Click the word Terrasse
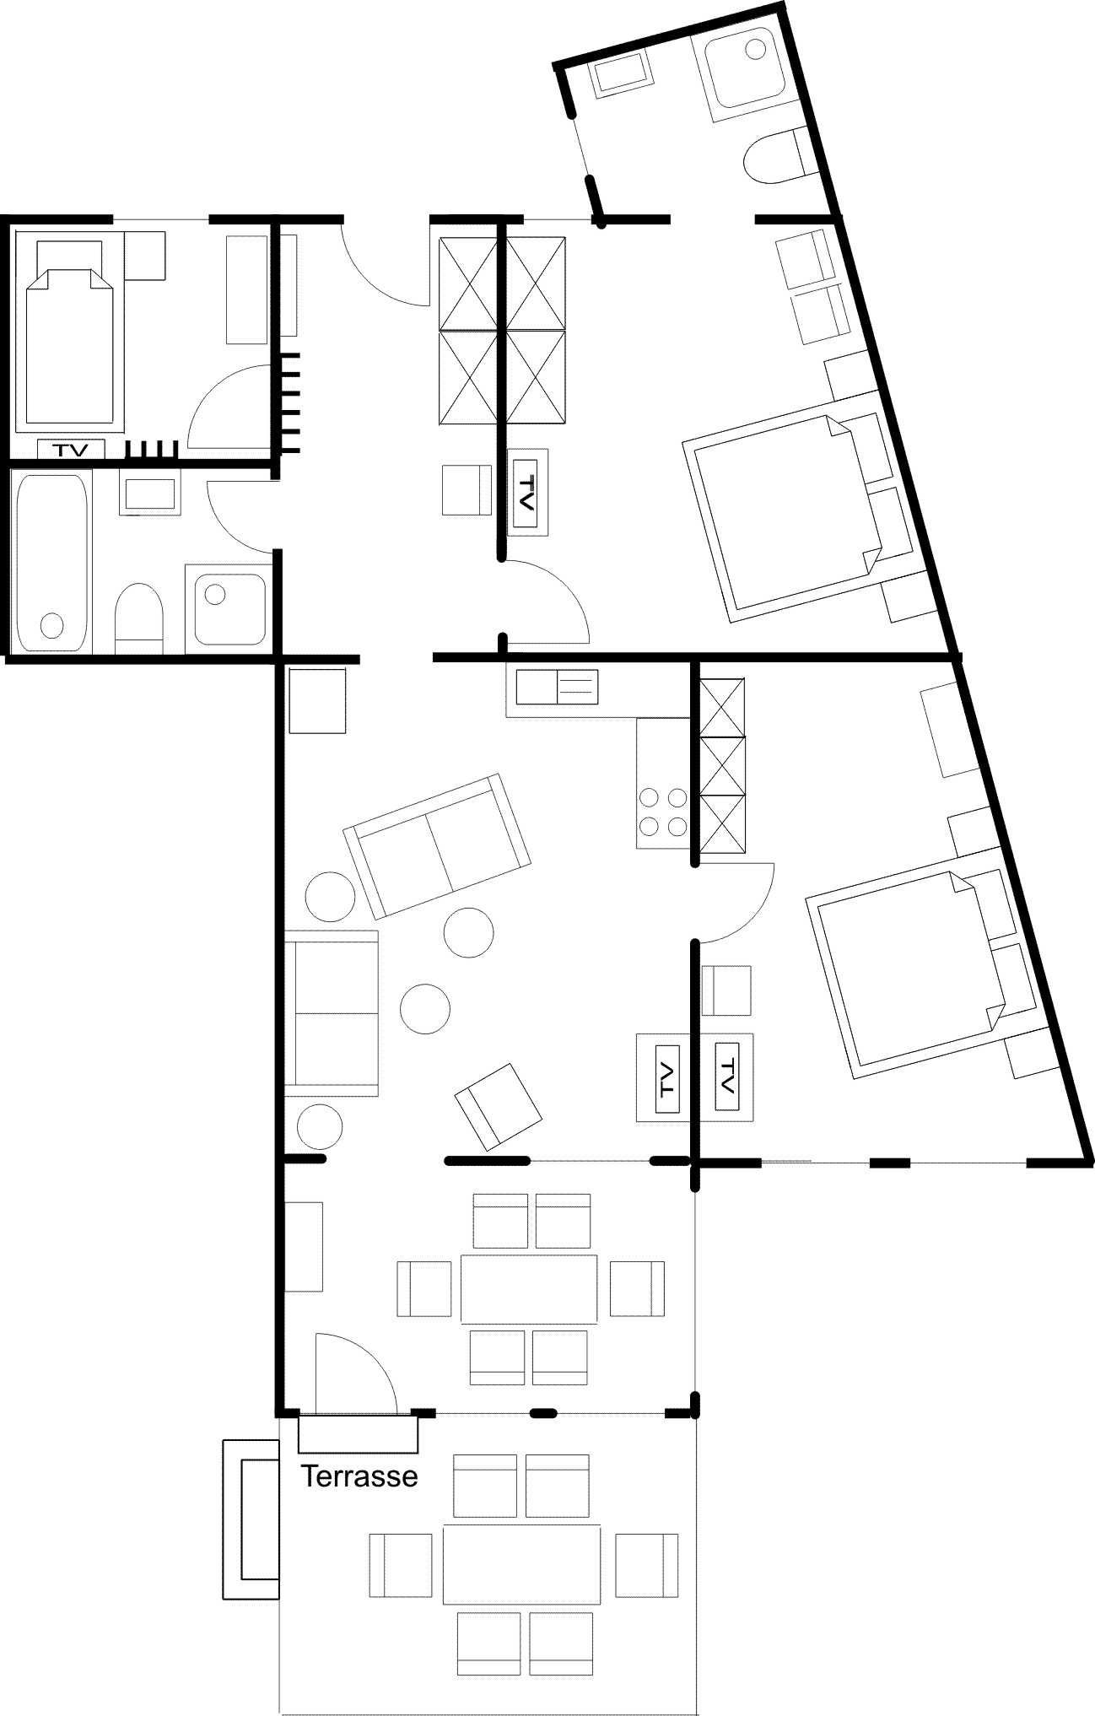[x=360, y=1476]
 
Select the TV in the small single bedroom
[x=71, y=450]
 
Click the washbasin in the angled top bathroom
[x=623, y=74]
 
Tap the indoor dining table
[x=529, y=1287]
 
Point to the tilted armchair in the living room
[x=499, y=1105]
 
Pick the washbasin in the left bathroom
[x=150, y=494]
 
